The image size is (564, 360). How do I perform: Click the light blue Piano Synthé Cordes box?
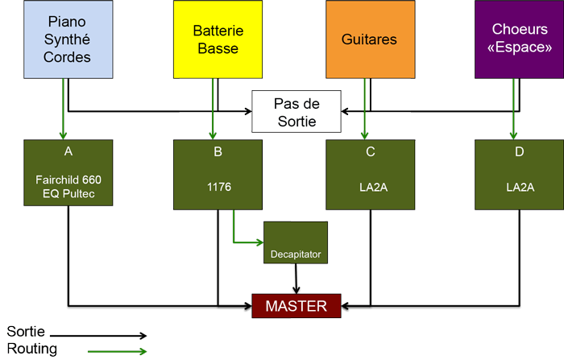[67, 39]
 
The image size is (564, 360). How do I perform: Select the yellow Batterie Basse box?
[217, 39]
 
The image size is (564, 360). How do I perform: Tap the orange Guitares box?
[369, 39]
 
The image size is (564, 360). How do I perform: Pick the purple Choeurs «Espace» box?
[517, 39]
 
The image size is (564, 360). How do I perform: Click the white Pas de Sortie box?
[297, 112]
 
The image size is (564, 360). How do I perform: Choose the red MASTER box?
[297, 306]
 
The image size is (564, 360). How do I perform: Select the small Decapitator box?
[296, 254]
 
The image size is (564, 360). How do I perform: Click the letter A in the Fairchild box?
[68, 151]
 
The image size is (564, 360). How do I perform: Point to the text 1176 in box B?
[218, 187]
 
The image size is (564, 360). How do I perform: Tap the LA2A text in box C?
[370, 187]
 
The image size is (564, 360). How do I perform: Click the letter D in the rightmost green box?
[518, 151]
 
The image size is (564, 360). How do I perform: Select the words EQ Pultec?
[68, 192]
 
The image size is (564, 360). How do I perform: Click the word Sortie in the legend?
[26, 332]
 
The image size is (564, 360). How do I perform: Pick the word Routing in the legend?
[30, 349]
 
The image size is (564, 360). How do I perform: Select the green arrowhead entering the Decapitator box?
[259, 241]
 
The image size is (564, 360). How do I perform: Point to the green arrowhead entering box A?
[61, 134]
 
